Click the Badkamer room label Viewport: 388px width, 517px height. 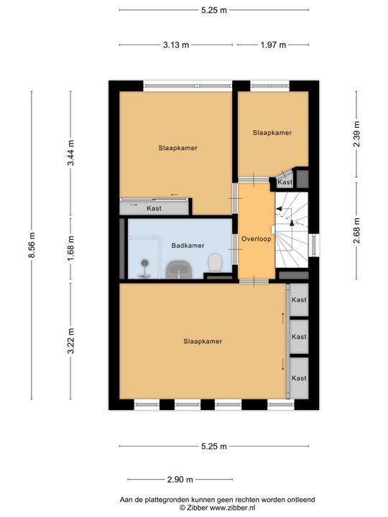click(x=188, y=246)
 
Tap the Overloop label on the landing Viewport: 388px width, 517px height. click(x=257, y=239)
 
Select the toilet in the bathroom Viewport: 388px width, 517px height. click(x=215, y=263)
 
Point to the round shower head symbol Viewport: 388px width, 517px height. click(x=144, y=263)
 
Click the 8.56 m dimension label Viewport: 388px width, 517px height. click(x=32, y=246)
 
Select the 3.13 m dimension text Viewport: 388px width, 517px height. click(x=176, y=45)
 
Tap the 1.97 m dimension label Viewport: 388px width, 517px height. click(x=273, y=45)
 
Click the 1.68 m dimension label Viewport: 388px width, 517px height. click(x=70, y=248)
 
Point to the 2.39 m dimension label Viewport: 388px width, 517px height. click(x=356, y=134)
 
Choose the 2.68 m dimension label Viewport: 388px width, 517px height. click(x=356, y=230)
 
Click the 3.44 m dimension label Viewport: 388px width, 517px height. click(x=70, y=153)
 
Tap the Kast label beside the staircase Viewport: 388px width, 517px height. click(x=285, y=182)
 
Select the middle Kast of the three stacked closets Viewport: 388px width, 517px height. click(x=299, y=337)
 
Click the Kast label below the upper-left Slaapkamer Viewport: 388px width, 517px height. click(x=154, y=208)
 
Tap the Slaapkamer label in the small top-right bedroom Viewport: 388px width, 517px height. click(x=272, y=133)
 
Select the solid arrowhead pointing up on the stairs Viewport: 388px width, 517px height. click(x=292, y=223)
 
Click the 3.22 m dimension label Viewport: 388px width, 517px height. click(x=70, y=341)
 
